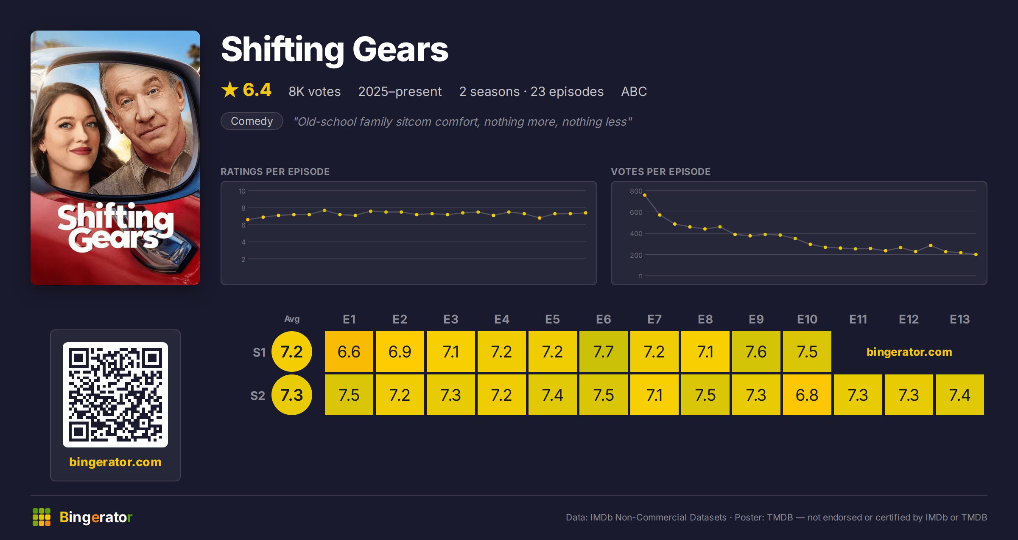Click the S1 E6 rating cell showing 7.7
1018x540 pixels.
pos(603,352)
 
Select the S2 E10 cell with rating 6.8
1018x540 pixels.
pos(807,395)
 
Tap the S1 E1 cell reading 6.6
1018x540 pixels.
pos(349,352)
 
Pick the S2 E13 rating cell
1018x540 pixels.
pos(959,395)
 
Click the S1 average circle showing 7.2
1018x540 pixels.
pos(292,352)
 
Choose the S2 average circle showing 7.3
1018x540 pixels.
pos(292,395)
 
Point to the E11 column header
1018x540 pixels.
pos(858,319)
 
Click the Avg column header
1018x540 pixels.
pos(292,319)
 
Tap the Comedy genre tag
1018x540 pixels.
pos(252,121)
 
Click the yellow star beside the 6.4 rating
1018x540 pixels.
pos(230,90)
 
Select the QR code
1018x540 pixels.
pos(115,395)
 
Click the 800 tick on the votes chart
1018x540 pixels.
pos(636,191)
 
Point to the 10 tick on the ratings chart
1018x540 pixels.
pos(242,191)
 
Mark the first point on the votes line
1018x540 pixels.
pos(645,195)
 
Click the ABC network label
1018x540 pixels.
pos(634,91)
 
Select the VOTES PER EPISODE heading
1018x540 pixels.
pos(660,172)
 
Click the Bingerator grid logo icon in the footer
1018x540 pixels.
pos(42,517)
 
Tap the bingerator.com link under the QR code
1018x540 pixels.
pos(115,462)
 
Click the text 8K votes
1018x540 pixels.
pos(315,91)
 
